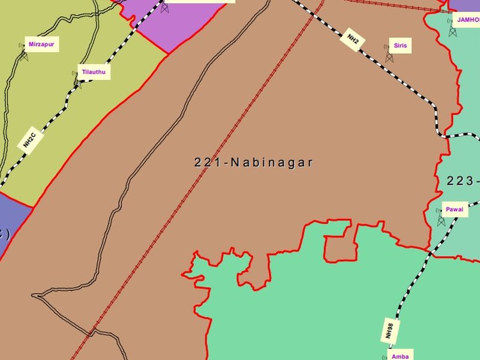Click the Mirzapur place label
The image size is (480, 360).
click(41, 44)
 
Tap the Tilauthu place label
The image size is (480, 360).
click(92, 73)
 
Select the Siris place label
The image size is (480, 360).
click(400, 46)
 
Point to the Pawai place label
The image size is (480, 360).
click(454, 209)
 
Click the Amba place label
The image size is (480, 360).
click(400, 356)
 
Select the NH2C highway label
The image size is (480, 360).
click(30, 140)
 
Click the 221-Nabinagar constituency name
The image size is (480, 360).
click(253, 162)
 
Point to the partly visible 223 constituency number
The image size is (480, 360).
click(463, 181)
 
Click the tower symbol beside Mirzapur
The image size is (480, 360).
click(24, 55)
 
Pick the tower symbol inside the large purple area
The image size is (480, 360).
click(164, 7)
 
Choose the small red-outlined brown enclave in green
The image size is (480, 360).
click(336, 247)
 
